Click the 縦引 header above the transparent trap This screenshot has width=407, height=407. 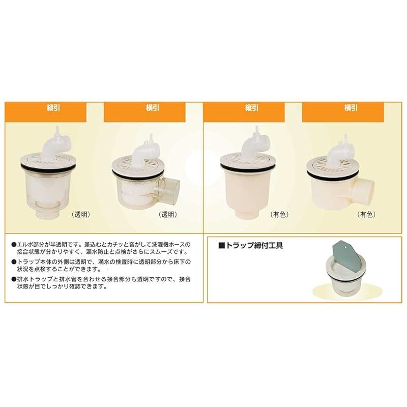tap(53, 108)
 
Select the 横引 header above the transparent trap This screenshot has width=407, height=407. tap(153, 108)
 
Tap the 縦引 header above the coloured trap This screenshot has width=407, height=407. tap(252, 108)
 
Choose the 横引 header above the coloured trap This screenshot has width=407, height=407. tap(351, 108)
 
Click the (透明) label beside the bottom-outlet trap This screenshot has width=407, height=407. tap(81, 215)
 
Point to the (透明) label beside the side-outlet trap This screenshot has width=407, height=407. tap(168, 215)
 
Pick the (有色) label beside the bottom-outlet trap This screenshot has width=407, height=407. tap(279, 215)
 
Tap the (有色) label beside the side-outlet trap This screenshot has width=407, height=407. tap(366, 215)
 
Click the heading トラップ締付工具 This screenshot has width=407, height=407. tap(254, 246)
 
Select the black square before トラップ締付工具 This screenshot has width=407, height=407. tap(221, 246)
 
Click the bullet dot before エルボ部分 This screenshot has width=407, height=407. tap(14, 245)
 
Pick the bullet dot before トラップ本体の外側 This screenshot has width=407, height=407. tap(14, 262)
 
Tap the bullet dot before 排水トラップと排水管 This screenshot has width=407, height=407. tap(14, 279)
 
